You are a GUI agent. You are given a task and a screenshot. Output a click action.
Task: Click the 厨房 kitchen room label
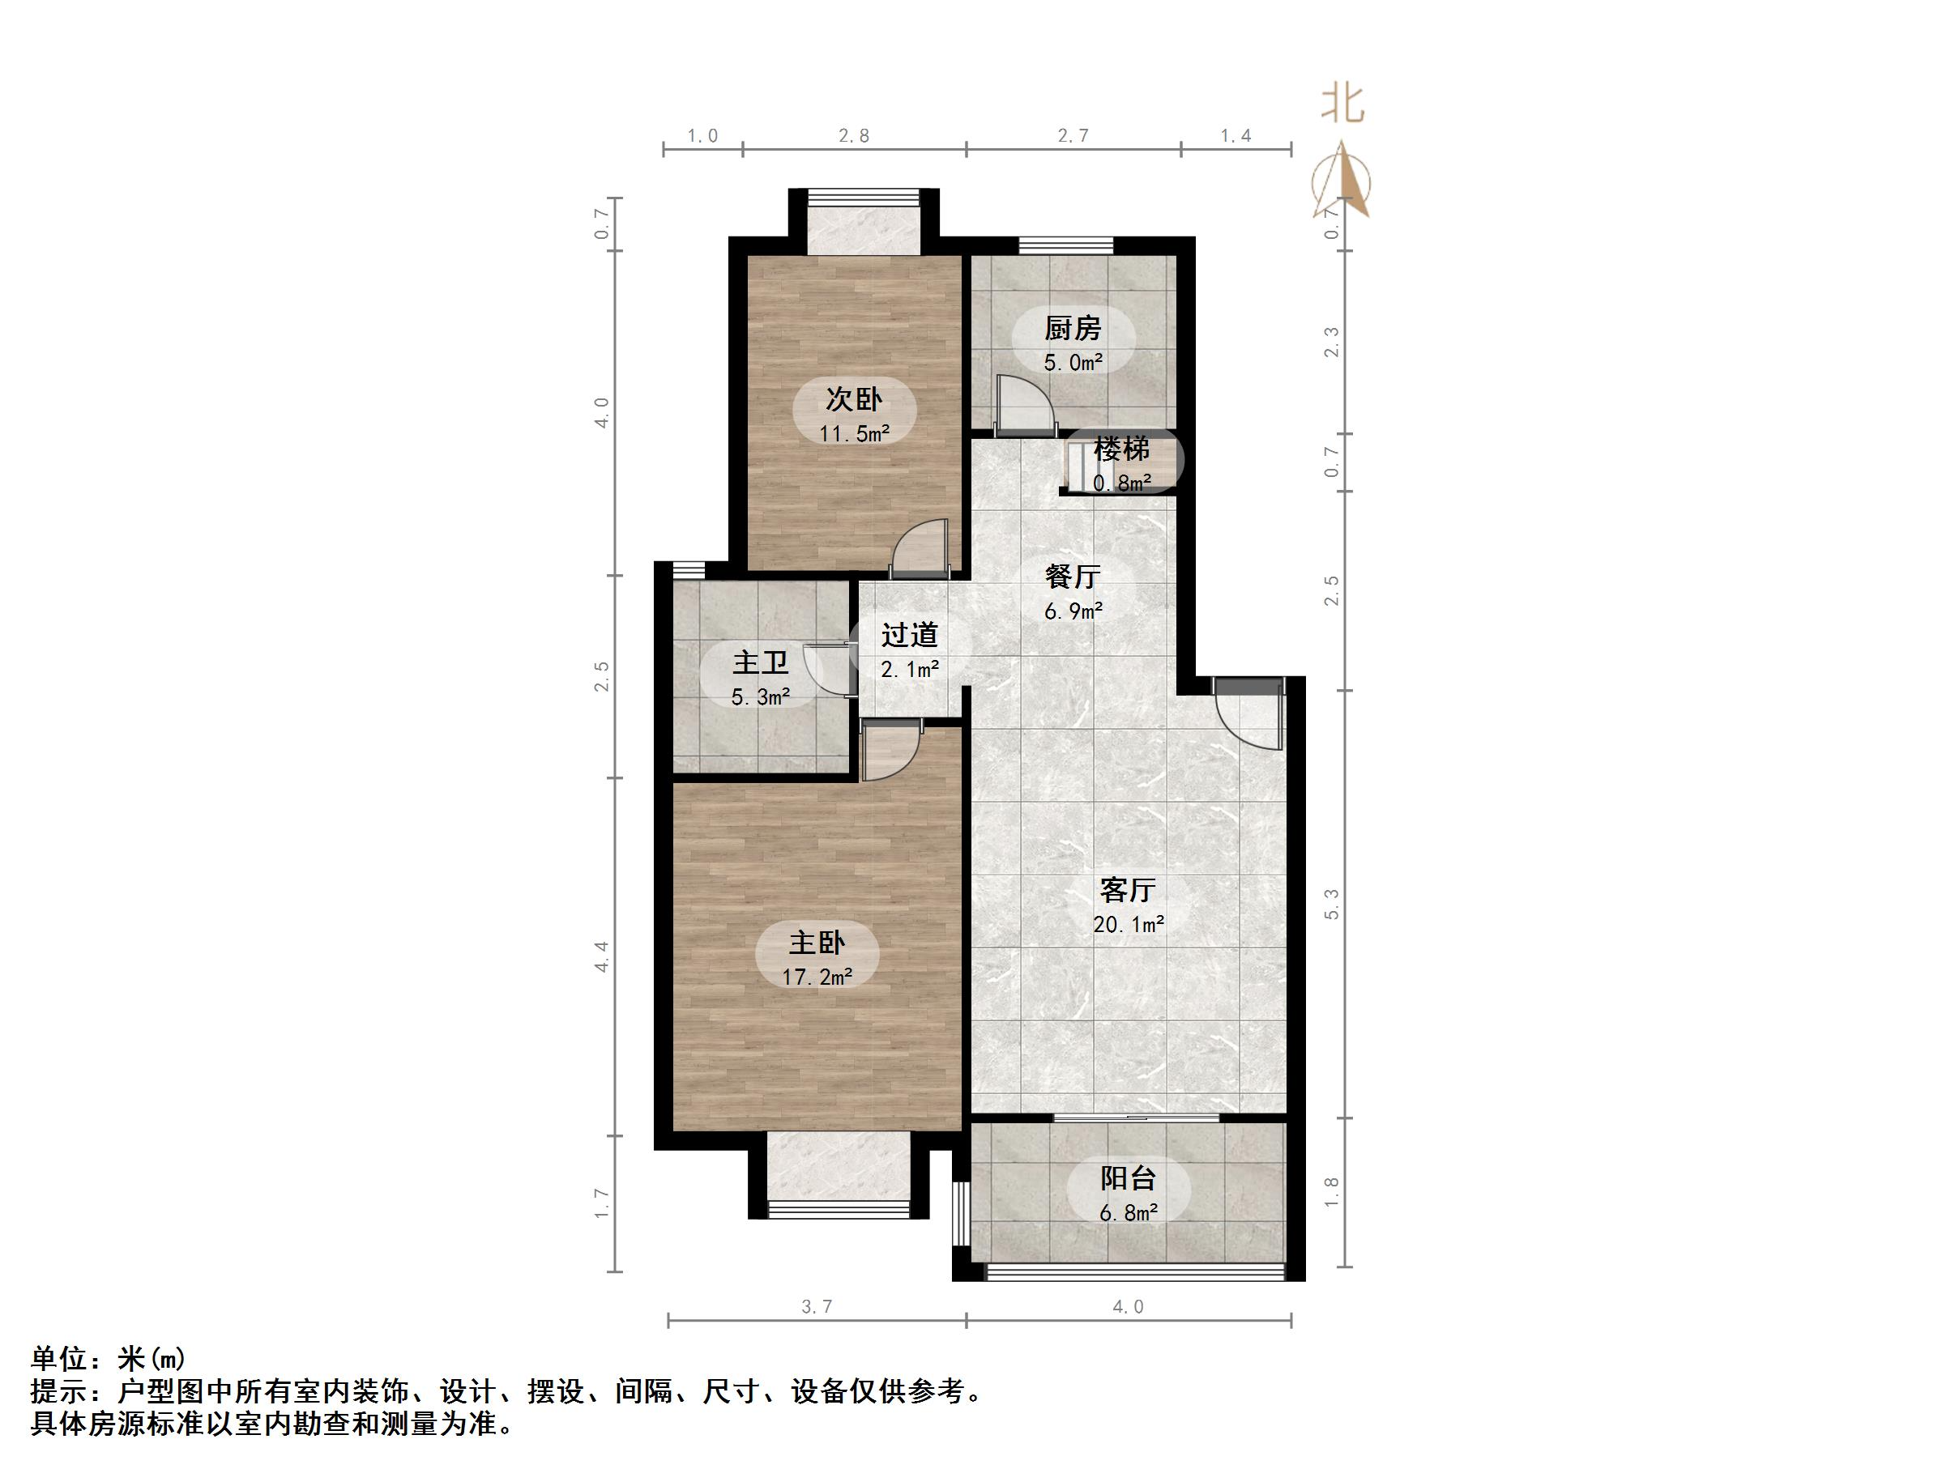tap(1072, 329)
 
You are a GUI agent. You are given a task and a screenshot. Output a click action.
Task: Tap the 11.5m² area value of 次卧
tap(854, 434)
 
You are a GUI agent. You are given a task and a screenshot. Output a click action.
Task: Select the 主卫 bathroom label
tap(760, 663)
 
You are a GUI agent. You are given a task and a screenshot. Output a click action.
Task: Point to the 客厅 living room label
tap(1128, 889)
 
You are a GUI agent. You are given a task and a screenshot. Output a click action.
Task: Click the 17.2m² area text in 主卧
tap(817, 977)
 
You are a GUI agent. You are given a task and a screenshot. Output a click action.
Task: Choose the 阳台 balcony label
tap(1128, 1178)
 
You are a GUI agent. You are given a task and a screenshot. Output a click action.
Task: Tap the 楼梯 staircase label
tap(1121, 449)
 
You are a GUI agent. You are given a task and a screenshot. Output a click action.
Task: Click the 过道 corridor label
tap(910, 635)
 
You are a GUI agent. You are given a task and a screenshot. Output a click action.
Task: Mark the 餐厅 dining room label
tap(1073, 577)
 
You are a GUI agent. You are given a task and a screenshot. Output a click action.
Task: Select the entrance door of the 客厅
tap(1247, 715)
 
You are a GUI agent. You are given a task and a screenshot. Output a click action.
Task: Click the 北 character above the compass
tap(1342, 104)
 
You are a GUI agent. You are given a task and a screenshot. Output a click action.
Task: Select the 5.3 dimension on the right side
tap(1331, 904)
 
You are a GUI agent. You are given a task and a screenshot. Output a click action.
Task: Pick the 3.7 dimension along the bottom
tap(816, 1307)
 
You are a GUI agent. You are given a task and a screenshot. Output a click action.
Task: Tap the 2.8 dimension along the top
tap(854, 135)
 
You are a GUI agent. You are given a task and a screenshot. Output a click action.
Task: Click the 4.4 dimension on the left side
tap(602, 956)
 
